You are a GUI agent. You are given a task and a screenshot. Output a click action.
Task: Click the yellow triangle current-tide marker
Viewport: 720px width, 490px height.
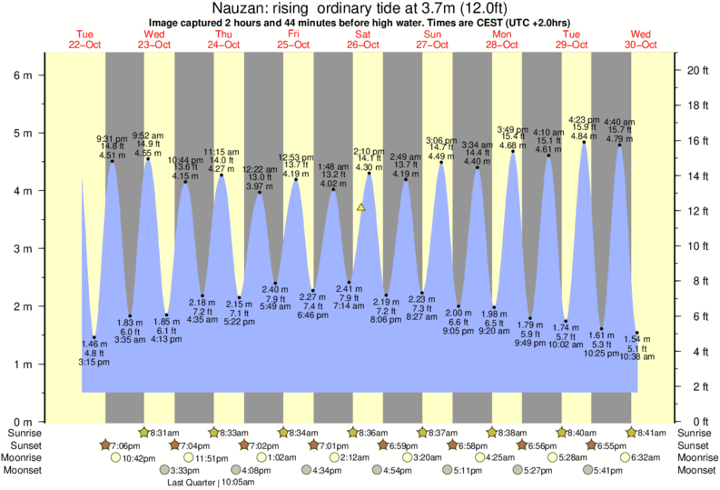click(x=361, y=207)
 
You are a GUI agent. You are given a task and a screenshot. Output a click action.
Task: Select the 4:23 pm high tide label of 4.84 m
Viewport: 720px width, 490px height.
click(x=583, y=128)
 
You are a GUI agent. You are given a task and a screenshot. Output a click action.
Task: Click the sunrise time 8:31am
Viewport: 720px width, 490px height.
click(x=163, y=433)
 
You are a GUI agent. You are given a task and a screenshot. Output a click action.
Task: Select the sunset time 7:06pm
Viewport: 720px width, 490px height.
click(x=124, y=445)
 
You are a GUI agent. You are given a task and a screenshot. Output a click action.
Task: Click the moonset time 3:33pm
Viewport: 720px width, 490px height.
click(x=186, y=471)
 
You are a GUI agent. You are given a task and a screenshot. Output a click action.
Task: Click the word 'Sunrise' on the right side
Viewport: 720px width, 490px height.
click(x=696, y=433)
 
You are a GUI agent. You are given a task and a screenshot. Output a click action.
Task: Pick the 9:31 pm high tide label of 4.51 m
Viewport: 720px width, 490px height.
click(x=112, y=146)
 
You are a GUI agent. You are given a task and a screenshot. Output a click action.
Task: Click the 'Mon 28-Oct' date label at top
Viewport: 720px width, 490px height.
click(x=501, y=40)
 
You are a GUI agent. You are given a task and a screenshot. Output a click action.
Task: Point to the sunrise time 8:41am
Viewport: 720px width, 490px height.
click(x=653, y=433)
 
